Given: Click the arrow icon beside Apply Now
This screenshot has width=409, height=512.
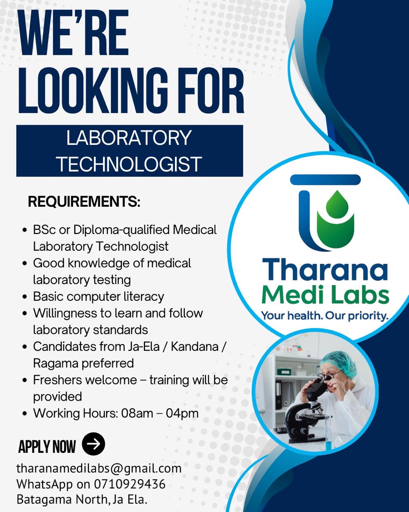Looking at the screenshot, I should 93,444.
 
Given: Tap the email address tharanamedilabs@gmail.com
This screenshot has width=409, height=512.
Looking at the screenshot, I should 99,468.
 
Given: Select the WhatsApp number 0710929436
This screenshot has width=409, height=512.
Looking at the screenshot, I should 130,484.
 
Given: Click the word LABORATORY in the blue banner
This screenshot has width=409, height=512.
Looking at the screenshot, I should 129,138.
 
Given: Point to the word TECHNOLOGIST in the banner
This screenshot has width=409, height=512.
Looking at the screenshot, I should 129,164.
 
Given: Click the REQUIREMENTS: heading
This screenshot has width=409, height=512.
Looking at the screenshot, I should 84,202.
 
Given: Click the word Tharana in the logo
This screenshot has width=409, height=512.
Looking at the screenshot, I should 325,270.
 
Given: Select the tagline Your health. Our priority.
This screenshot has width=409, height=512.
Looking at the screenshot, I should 324,316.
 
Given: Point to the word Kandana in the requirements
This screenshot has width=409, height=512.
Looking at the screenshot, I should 195,346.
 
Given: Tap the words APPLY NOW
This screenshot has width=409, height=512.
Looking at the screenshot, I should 47,447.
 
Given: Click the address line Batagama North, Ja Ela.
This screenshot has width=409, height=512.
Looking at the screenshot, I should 82,500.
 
